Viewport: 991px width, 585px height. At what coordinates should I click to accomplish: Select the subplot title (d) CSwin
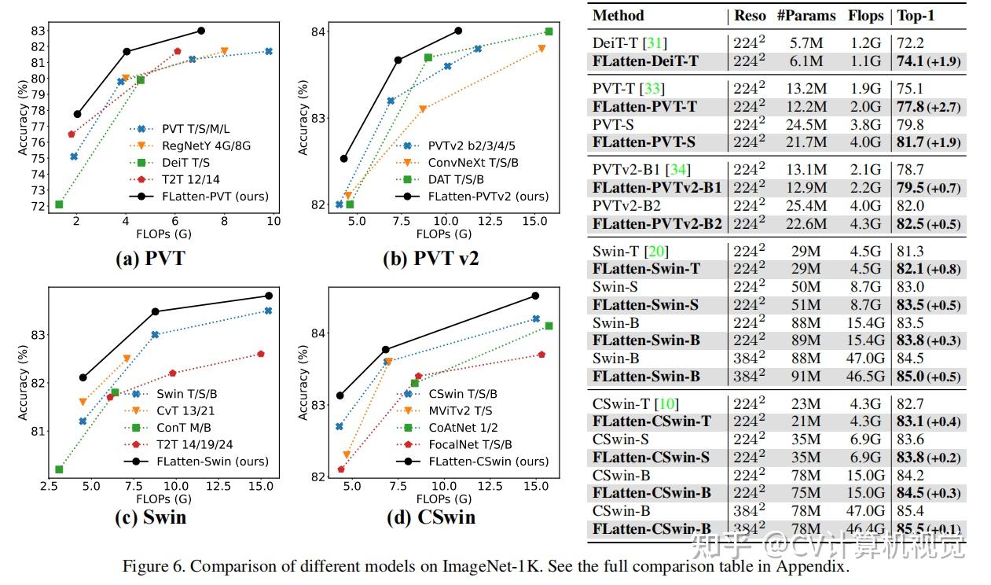click(431, 517)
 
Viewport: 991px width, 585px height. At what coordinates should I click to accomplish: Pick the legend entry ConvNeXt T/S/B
click(473, 162)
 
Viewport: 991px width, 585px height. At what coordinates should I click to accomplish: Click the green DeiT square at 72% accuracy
click(59, 204)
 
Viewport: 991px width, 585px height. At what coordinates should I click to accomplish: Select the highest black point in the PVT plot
click(201, 31)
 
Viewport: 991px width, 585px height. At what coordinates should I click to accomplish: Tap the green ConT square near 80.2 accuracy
click(59, 469)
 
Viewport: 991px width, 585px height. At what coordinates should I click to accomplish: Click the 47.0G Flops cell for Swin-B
click(865, 359)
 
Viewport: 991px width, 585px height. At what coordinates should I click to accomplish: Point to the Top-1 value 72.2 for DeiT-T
click(908, 43)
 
